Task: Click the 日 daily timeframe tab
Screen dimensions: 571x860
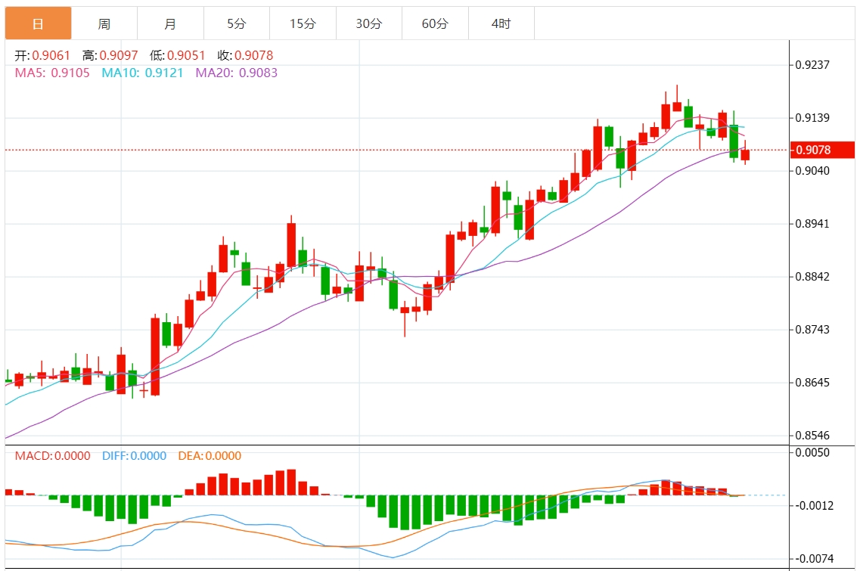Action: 38,23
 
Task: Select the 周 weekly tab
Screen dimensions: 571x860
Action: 104,23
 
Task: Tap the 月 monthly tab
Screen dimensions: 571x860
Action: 170,23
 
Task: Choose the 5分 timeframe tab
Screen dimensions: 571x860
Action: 237,23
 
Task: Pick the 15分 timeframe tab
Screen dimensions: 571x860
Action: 303,23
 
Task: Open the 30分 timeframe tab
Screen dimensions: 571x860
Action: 369,23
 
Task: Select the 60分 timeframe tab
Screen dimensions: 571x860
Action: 435,23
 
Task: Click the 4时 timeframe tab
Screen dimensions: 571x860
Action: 501,23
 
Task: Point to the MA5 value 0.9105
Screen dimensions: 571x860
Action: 70,73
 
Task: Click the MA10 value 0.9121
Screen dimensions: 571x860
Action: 163,73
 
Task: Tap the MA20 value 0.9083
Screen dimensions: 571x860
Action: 258,73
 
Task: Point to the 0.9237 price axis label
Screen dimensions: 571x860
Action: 812,64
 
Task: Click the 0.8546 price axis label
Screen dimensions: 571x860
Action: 812,436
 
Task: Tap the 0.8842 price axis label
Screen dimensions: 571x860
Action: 812,277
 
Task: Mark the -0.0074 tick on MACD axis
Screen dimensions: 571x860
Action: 812,558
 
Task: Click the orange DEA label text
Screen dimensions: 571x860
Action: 190,456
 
